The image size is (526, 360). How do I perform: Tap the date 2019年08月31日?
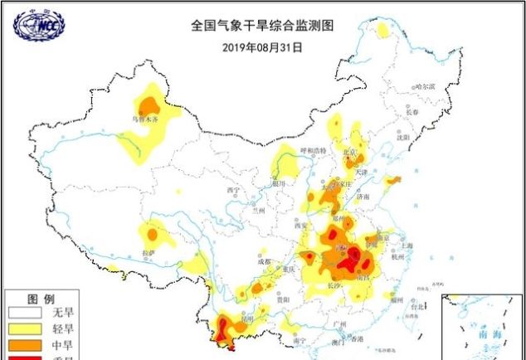[262, 46]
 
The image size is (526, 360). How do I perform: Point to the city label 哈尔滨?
[424, 85]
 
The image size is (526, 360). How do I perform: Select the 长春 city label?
[412, 112]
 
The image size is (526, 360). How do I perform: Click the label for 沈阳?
[403, 138]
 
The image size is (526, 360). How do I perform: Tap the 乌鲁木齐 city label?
[139, 119]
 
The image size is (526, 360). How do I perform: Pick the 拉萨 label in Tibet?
[149, 252]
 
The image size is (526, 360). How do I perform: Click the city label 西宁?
[232, 191]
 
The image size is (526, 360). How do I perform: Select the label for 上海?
[407, 246]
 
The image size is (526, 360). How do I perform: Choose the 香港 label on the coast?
[357, 339]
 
